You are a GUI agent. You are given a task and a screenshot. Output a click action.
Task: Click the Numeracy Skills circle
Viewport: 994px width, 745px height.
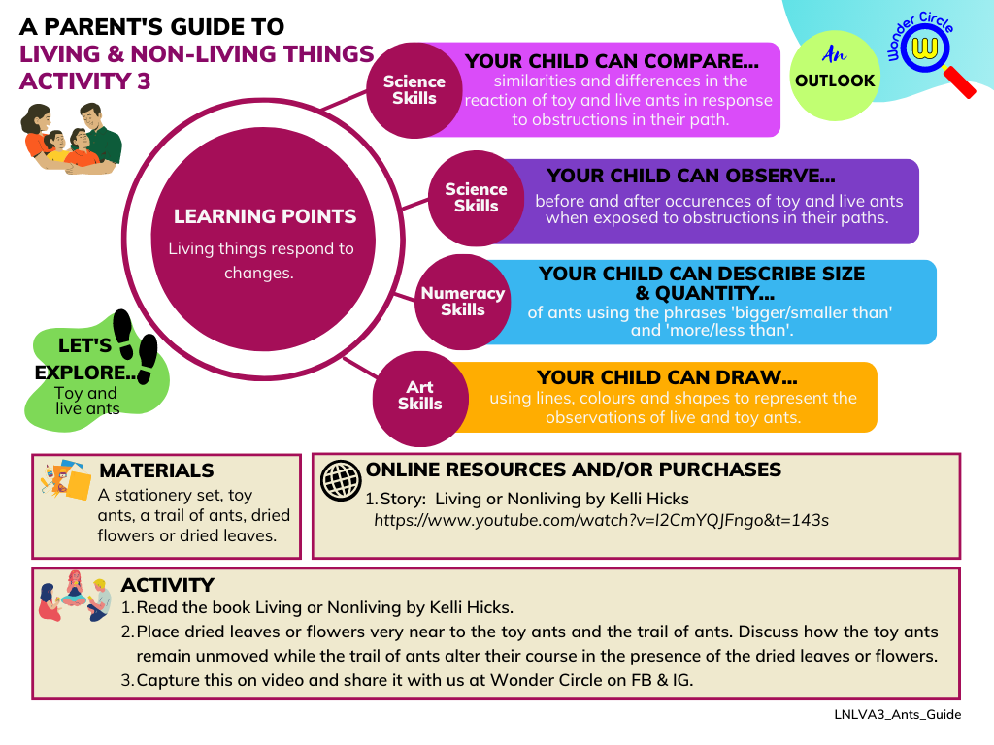click(463, 302)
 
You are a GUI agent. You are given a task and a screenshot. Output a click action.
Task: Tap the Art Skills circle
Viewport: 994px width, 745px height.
click(420, 399)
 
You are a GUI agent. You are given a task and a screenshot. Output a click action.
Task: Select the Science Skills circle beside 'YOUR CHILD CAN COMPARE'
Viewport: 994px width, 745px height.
click(414, 90)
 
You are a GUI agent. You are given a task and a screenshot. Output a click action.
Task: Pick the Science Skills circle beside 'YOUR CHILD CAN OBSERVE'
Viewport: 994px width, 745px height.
click(476, 198)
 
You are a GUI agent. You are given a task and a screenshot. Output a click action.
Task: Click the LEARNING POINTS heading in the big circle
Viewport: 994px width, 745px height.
click(265, 216)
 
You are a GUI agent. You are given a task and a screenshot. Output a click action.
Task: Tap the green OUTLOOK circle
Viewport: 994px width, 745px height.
click(835, 76)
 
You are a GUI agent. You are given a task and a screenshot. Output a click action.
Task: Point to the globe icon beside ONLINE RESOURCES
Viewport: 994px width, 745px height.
click(341, 481)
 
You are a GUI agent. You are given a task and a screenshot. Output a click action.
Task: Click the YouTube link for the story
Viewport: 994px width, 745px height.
click(601, 521)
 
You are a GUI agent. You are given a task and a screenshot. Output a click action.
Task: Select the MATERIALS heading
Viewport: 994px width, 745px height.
click(156, 470)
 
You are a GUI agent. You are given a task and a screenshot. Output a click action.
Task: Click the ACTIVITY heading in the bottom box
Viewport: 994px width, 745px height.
click(168, 585)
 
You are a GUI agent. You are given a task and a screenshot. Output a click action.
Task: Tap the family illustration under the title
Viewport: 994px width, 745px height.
click(70, 139)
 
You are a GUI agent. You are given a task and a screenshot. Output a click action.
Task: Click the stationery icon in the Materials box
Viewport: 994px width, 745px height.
click(65, 480)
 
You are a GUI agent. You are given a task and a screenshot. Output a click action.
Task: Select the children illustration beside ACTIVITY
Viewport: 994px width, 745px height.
click(75, 597)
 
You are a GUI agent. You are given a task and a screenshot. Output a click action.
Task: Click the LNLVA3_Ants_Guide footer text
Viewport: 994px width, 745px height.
click(898, 715)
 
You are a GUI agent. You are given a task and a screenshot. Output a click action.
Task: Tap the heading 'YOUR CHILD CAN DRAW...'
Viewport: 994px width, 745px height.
click(667, 377)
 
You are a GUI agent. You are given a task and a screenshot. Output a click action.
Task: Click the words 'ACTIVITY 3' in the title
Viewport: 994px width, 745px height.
click(85, 81)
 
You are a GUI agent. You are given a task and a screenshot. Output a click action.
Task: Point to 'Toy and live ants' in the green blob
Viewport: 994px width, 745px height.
click(86, 401)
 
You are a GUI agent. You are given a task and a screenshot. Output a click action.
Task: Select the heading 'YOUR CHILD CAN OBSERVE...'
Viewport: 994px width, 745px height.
click(691, 176)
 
